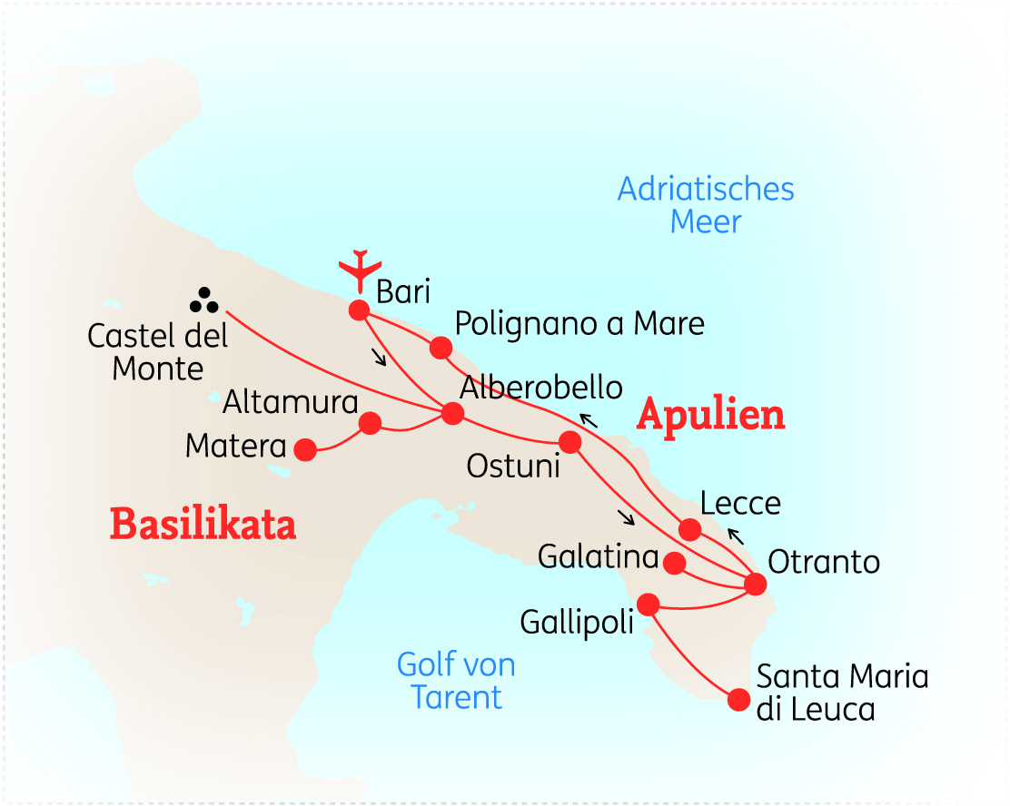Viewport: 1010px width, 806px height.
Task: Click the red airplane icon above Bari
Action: [x=361, y=269]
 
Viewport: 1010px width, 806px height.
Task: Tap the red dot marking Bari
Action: [x=359, y=310]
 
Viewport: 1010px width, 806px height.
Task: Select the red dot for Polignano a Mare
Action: [x=441, y=348]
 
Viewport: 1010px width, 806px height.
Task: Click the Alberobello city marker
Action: [x=451, y=414]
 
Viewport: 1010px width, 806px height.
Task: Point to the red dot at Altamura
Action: [x=370, y=423]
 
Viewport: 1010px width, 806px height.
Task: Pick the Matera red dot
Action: [x=305, y=449]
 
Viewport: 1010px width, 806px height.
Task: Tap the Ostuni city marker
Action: [x=569, y=442]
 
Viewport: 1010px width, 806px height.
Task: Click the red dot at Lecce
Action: [x=690, y=529]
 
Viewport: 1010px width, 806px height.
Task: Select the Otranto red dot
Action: [x=755, y=584]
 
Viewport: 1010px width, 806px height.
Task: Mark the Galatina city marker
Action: [x=675, y=563]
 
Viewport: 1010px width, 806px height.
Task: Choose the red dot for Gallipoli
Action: [x=649, y=604]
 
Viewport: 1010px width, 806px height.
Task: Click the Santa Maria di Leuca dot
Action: [x=739, y=700]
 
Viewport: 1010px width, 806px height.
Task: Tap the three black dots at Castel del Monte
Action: [x=204, y=300]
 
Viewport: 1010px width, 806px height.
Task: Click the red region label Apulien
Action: [x=710, y=415]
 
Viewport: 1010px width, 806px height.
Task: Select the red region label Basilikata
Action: [x=203, y=525]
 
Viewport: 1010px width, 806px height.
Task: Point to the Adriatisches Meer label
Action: [x=706, y=205]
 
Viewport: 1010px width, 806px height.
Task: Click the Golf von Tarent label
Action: [x=456, y=681]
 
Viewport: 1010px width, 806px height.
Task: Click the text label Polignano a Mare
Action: [x=579, y=323]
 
